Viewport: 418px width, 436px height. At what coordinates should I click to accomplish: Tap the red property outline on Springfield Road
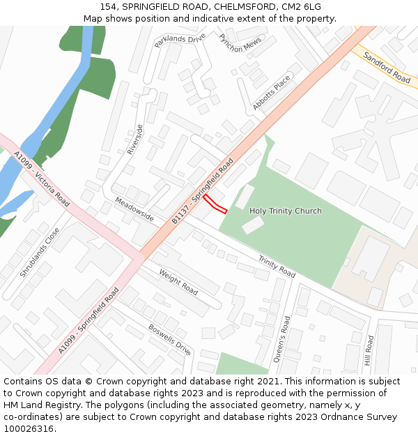tap(215, 204)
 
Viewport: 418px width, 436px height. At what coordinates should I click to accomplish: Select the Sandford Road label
tap(387, 67)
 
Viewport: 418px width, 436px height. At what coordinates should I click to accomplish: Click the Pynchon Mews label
tap(240, 43)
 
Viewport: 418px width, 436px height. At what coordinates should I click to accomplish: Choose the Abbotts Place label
tap(272, 93)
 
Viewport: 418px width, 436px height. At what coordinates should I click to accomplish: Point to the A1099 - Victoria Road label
tap(42, 180)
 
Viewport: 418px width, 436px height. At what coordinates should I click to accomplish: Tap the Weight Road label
tap(178, 281)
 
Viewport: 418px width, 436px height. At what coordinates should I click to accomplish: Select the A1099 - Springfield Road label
tap(89, 320)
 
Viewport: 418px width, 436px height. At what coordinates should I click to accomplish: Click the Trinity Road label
tap(277, 266)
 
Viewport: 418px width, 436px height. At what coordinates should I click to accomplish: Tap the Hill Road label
tap(369, 352)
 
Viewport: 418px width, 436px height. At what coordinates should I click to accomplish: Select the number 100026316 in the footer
tap(29, 429)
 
